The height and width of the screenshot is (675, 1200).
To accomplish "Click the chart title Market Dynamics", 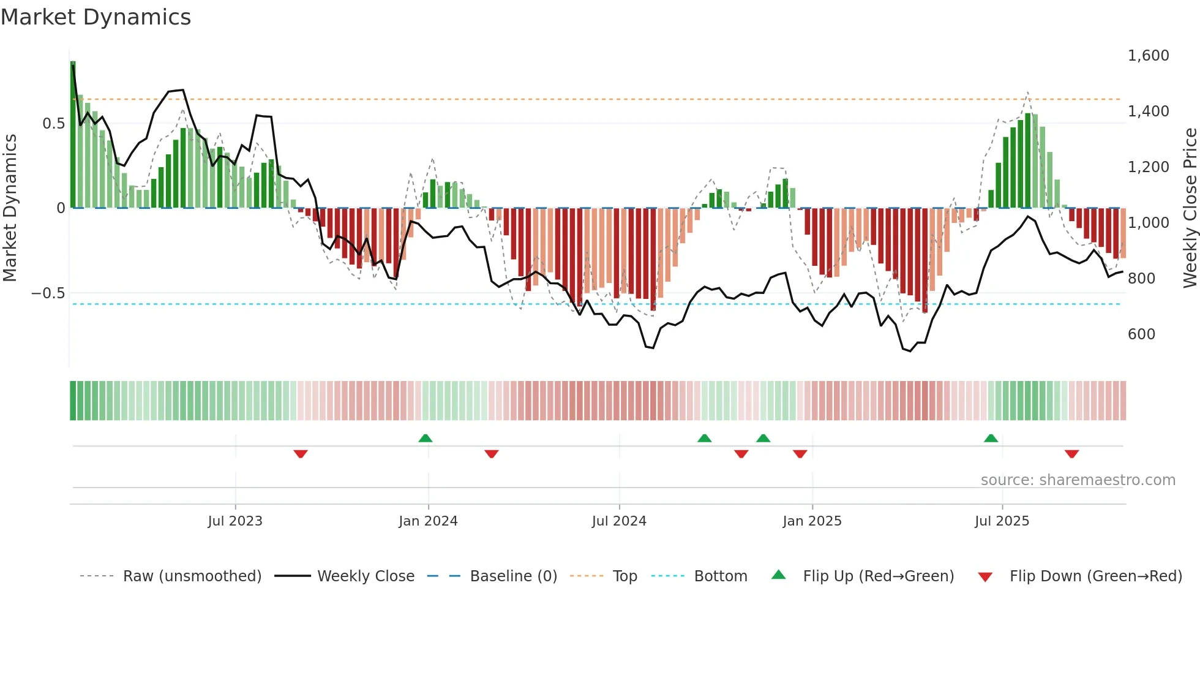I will point(96,17).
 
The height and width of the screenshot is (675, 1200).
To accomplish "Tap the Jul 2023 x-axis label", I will point(235,521).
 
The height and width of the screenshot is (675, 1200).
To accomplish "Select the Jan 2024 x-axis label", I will point(428,521).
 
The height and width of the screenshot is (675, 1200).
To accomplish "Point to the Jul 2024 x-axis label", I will point(619,521).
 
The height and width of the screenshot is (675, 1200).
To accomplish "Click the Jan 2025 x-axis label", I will point(812,521).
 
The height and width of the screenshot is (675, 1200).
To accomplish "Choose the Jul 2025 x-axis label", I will point(1002,521).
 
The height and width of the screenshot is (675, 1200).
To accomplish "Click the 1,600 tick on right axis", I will point(1148,56).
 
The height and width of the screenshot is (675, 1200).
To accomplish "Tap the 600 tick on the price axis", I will point(1141,334).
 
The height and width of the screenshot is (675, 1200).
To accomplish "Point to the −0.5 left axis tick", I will point(48,293).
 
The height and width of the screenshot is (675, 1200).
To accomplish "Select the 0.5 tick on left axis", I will point(53,124).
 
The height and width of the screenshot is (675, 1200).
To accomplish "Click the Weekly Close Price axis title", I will point(1190,208).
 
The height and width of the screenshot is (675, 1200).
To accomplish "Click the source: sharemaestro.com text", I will point(1078,480).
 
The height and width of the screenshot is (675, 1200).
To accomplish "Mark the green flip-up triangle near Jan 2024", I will point(426,438).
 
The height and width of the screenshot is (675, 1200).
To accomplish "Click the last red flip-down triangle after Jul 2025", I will point(1071,454).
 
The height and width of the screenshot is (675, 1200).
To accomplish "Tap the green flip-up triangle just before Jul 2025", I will point(991,438).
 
